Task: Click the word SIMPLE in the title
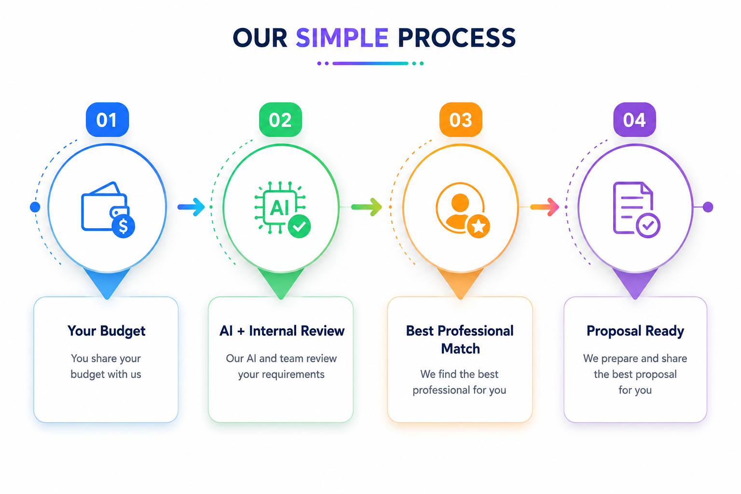[342, 38]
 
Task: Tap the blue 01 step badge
[107, 120]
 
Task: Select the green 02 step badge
[280, 120]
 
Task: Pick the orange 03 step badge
[461, 120]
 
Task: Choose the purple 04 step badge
[634, 120]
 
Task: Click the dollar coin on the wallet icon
[123, 226]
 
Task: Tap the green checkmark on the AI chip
[299, 226]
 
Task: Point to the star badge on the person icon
[479, 227]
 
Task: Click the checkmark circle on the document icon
[648, 226]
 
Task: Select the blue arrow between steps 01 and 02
[191, 207]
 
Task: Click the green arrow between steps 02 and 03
[367, 207]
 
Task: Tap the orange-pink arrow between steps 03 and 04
[545, 207]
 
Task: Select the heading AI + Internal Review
[282, 331]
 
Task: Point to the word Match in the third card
[460, 349]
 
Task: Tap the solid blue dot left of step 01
[35, 207]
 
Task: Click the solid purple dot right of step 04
[708, 207]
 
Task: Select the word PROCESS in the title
[456, 38]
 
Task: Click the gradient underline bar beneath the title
[370, 63]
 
